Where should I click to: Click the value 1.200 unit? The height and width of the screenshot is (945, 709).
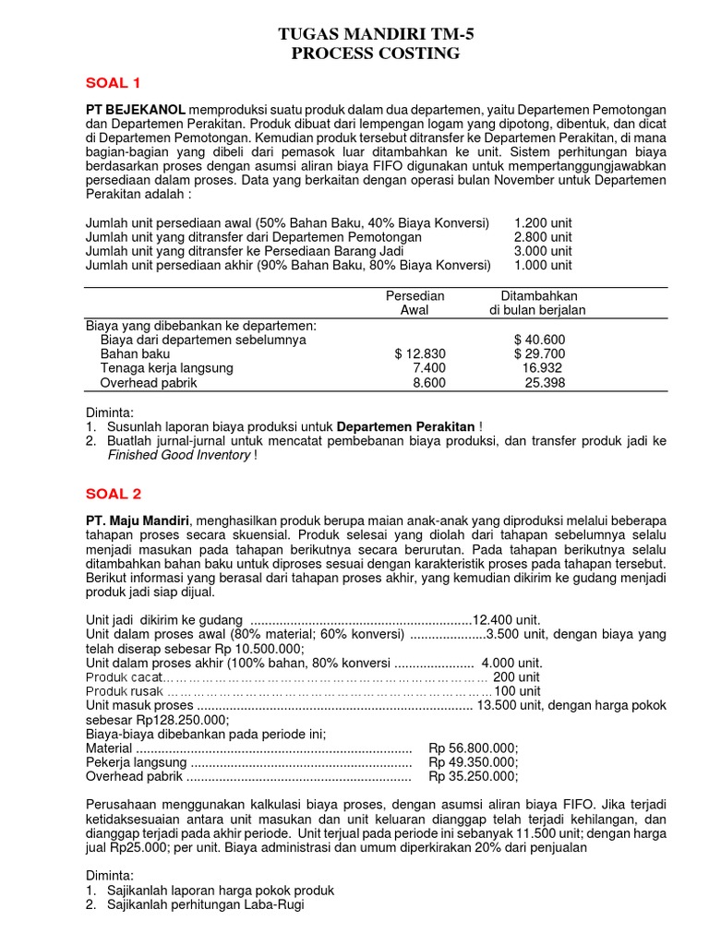(x=543, y=223)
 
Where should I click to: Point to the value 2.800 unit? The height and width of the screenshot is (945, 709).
(x=543, y=237)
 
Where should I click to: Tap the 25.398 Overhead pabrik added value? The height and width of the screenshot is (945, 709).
(x=545, y=381)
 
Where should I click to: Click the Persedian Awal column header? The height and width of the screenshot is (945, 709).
(x=415, y=303)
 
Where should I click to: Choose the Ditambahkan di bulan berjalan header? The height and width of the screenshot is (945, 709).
(x=537, y=303)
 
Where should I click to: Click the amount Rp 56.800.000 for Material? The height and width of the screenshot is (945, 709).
(x=474, y=748)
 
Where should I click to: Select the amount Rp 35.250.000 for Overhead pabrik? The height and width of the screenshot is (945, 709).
(x=474, y=776)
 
